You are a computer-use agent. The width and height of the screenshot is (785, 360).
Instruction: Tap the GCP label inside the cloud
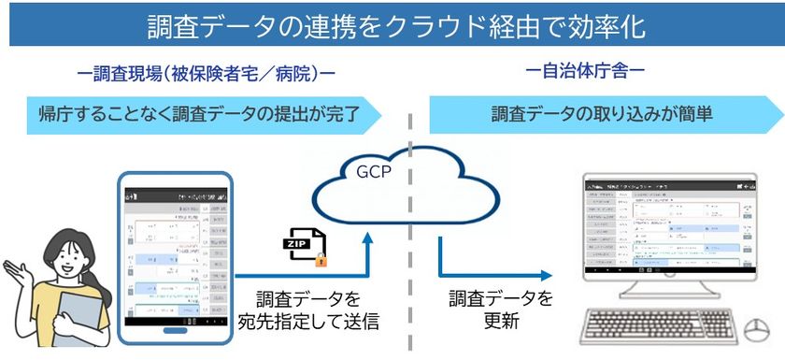tap(375, 172)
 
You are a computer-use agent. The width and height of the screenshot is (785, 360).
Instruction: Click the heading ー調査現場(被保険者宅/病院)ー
tap(207, 71)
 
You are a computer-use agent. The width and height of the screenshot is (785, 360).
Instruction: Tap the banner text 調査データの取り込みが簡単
tap(589, 114)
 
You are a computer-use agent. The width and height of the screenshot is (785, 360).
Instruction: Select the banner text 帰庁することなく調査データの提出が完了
tap(198, 114)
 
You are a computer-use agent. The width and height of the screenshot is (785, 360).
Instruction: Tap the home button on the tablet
tap(176, 330)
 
